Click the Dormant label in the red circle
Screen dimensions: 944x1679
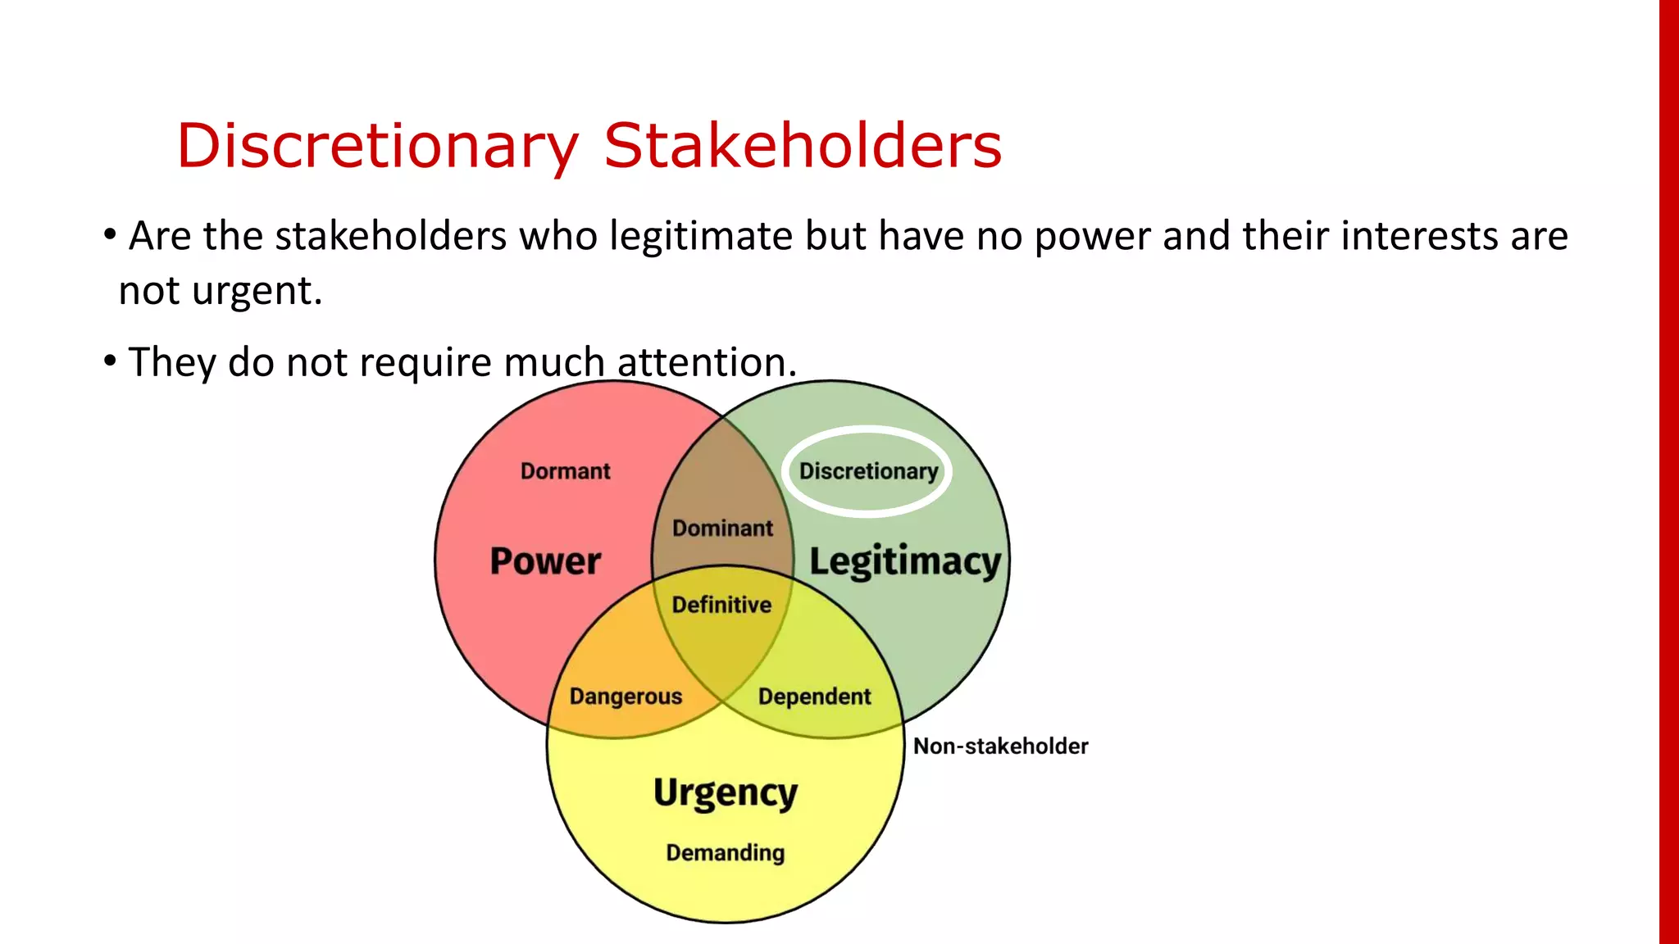pos(565,471)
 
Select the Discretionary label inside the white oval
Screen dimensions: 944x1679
pos(868,471)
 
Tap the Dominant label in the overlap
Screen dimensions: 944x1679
pos(722,529)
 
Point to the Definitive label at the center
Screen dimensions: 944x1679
pos(721,605)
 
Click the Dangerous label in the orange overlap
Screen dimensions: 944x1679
pos(626,697)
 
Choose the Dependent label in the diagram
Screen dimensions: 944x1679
pos(814,697)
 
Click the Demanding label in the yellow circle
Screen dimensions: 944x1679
pos(725,853)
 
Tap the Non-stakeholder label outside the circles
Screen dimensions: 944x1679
pos(1000,747)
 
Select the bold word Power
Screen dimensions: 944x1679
pos(545,561)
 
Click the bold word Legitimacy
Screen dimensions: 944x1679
pos(905,562)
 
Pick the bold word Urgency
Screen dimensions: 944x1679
pos(726,793)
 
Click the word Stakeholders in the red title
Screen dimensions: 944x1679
pos(803,146)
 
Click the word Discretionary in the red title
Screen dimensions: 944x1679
pos(377,146)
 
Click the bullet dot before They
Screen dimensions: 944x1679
pos(110,360)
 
